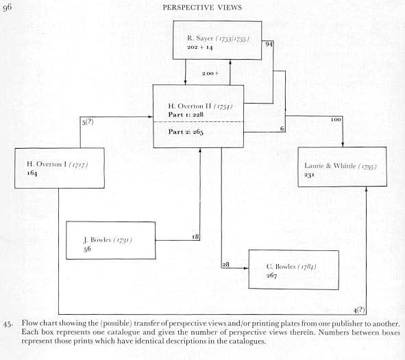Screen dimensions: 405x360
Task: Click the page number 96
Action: [x=8, y=8]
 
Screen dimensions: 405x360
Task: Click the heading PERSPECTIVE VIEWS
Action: [x=202, y=8]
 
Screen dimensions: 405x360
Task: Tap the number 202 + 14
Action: [x=200, y=47]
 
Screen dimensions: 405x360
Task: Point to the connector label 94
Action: [x=269, y=44]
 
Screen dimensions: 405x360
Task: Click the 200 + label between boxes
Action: [x=210, y=73]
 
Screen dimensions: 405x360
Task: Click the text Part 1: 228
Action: [x=186, y=115]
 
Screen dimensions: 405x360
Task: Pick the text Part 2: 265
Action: [x=186, y=132]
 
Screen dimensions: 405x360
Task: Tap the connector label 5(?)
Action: [x=88, y=122]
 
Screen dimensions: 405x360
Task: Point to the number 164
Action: [x=32, y=173]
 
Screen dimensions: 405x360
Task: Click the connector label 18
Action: [x=195, y=237]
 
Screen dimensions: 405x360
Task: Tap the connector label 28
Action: [x=225, y=265]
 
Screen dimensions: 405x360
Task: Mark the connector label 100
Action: [x=336, y=119]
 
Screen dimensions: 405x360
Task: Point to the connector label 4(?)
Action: [x=359, y=310]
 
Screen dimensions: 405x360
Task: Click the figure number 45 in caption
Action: [x=8, y=324]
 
